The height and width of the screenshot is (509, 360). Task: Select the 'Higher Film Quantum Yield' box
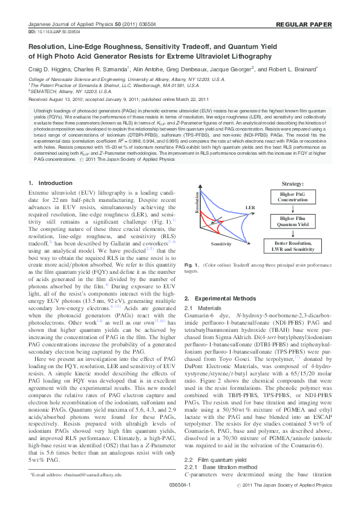293,221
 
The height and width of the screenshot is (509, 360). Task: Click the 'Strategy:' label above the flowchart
293,183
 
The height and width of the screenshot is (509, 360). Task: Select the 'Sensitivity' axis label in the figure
222,243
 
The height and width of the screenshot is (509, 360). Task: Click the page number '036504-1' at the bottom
180,501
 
